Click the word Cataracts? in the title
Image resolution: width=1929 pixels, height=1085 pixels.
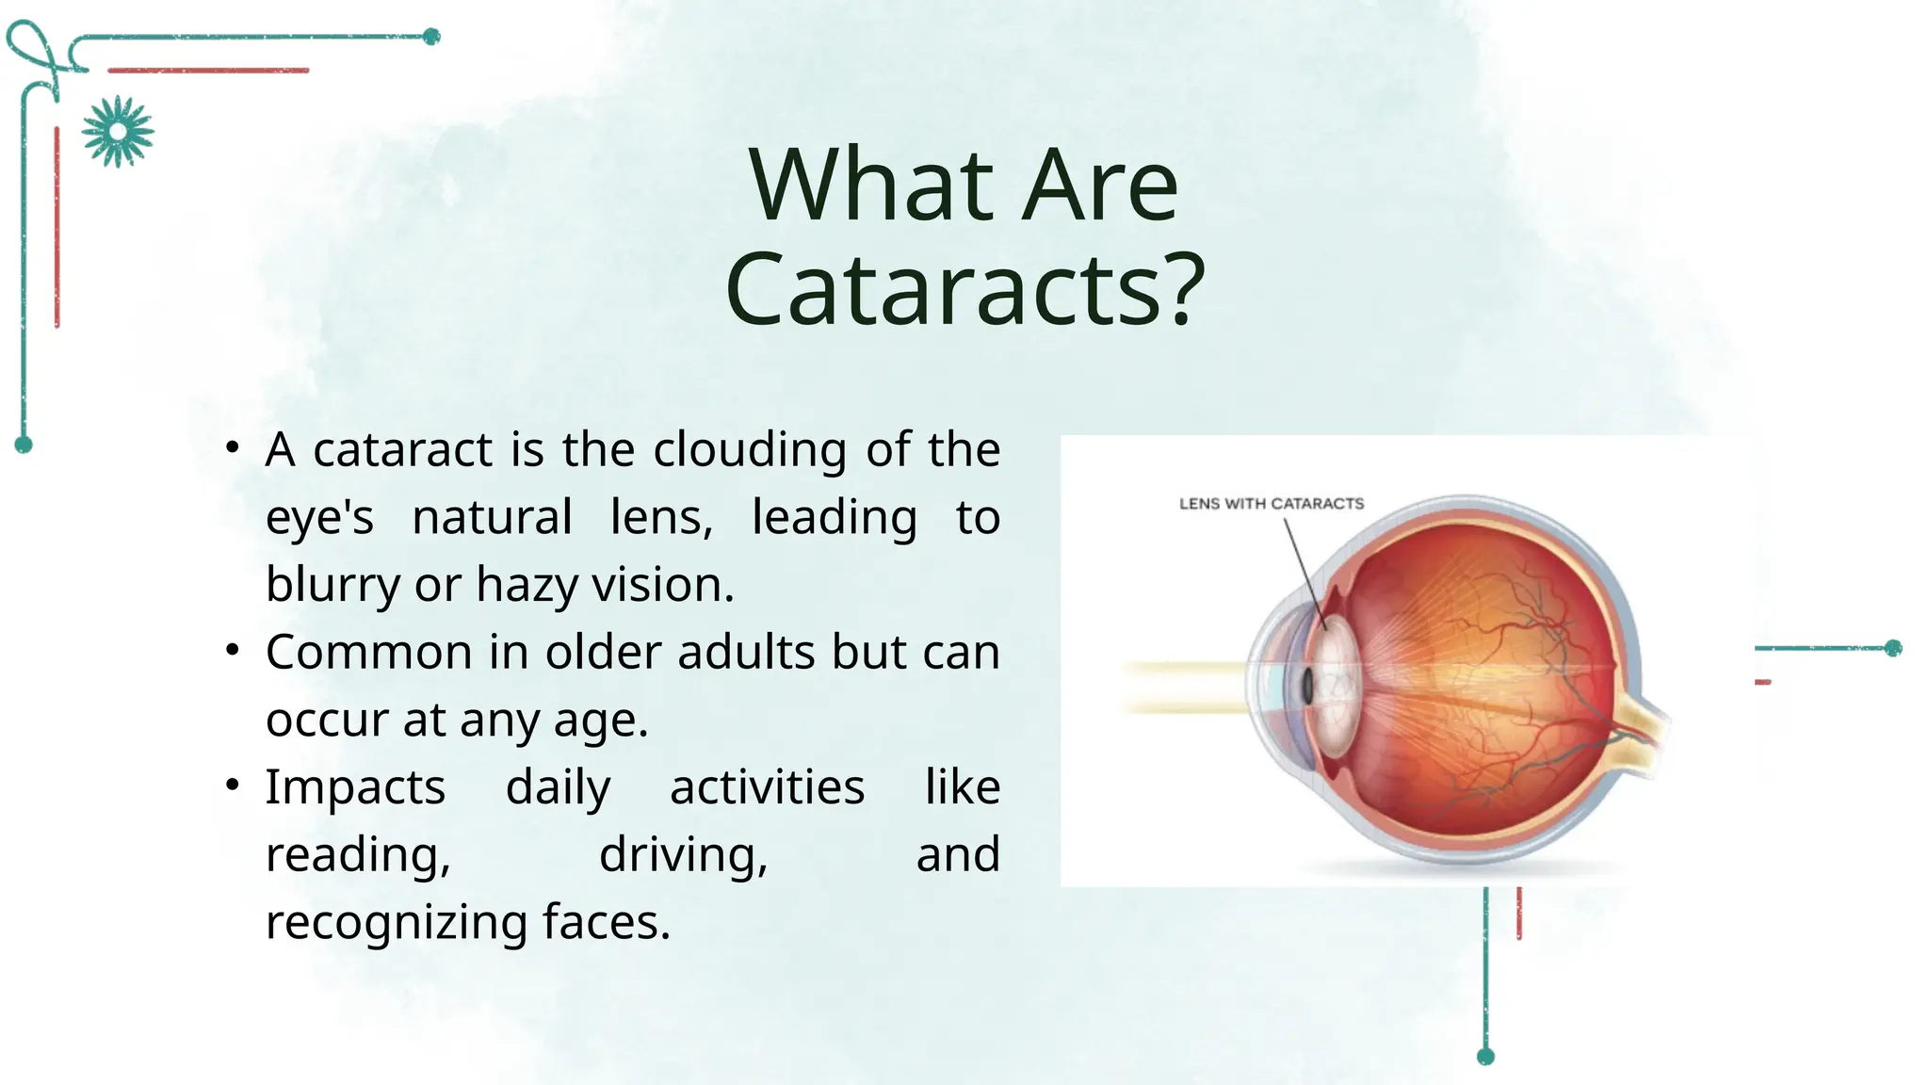point(964,290)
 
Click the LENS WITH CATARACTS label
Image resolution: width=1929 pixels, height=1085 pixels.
point(1271,504)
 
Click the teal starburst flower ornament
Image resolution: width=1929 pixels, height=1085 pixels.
point(118,132)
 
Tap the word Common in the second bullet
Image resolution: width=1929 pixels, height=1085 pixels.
point(369,652)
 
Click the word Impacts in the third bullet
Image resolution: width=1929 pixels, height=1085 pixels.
point(355,787)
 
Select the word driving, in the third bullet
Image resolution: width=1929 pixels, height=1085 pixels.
point(684,855)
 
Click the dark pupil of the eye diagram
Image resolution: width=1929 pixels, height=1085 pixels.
point(1308,686)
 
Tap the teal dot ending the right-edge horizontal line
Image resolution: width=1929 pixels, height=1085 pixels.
point(1893,648)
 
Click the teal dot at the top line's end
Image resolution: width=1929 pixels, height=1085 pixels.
point(431,37)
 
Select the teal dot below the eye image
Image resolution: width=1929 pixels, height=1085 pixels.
point(1485,1056)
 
